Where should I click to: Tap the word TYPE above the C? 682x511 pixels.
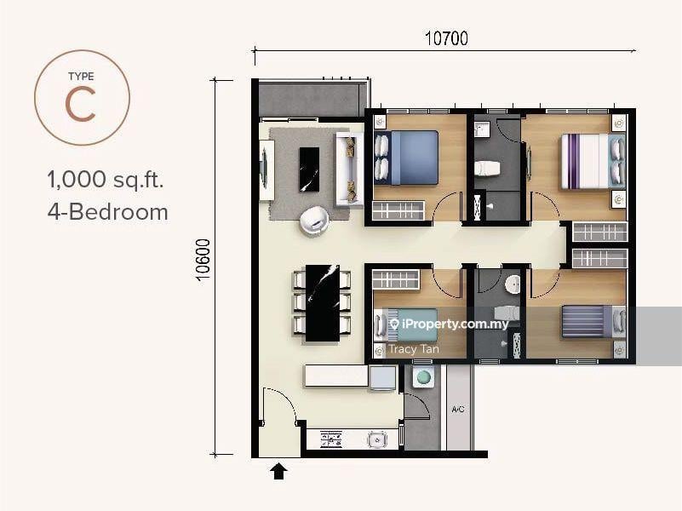click(x=81, y=76)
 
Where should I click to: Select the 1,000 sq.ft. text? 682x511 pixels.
click(x=106, y=179)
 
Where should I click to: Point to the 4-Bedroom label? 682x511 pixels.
click(x=108, y=212)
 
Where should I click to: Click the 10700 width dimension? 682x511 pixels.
click(x=446, y=38)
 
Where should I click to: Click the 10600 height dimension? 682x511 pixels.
click(x=203, y=260)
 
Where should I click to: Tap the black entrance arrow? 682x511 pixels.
click(x=278, y=471)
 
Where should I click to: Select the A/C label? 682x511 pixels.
click(x=457, y=410)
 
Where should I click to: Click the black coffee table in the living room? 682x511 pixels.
click(x=309, y=169)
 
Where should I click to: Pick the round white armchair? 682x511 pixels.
click(x=314, y=221)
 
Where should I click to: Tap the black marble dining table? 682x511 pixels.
click(x=323, y=302)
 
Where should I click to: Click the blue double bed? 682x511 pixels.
click(x=406, y=158)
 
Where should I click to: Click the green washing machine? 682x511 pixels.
click(x=423, y=377)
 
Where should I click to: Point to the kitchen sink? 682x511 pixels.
click(x=377, y=439)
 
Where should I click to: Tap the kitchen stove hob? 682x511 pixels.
click(x=331, y=439)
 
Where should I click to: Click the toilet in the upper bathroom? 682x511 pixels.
click(x=487, y=169)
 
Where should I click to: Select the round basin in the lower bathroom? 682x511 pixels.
click(x=513, y=284)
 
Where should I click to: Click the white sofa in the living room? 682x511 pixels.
click(x=349, y=169)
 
